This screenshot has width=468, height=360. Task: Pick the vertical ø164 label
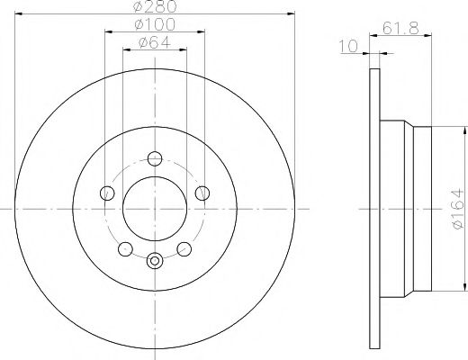point(457,208)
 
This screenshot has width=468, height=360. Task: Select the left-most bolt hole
point(107,192)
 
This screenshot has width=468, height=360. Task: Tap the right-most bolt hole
point(202,192)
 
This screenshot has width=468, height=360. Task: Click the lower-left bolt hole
point(125,247)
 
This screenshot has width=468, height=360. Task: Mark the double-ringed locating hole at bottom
point(154,261)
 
